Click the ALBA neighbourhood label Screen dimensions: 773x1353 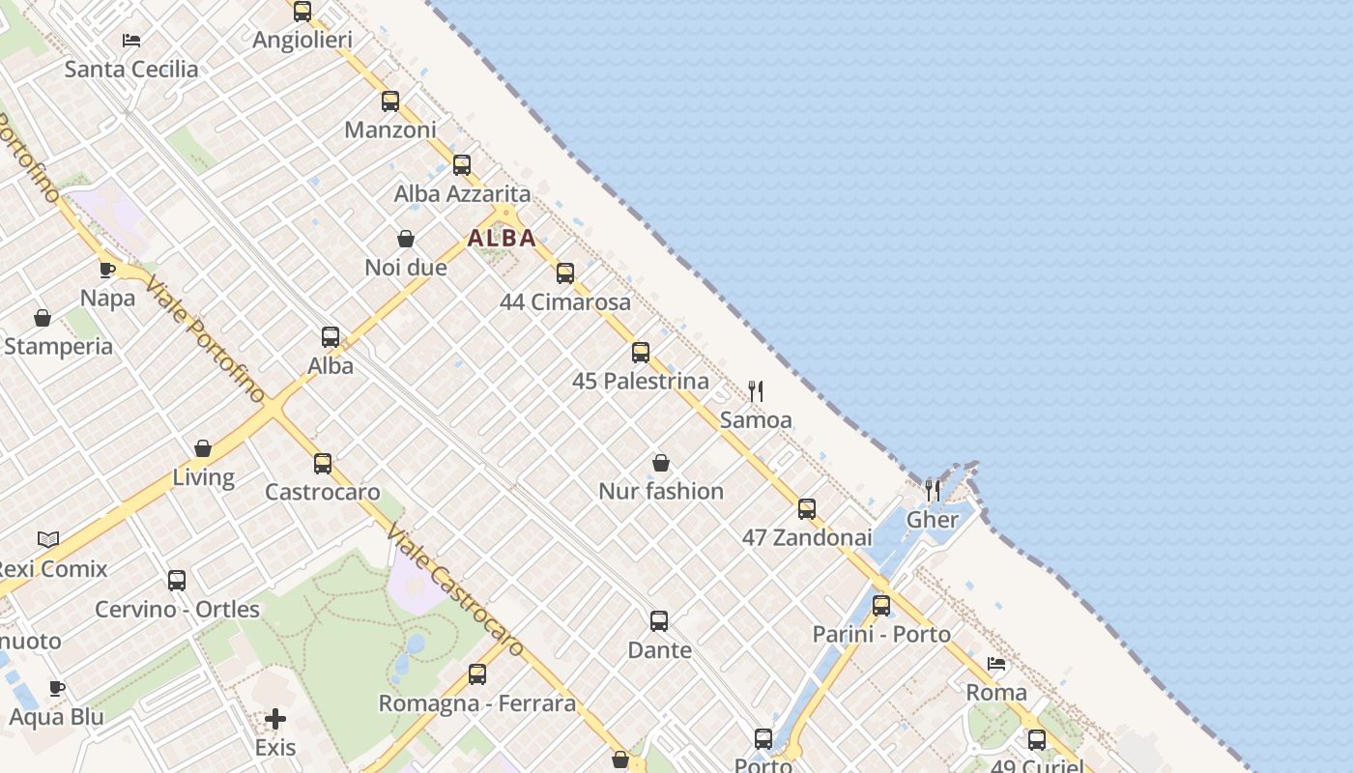pyautogui.click(x=502, y=238)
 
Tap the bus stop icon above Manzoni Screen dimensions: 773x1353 pyautogui.click(x=390, y=101)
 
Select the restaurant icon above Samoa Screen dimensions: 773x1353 pyautogui.click(x=756, y=391)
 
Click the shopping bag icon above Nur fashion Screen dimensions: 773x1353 pyautogui.click(x=661, y=463)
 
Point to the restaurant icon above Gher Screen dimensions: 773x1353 pyautogui.click(x=933, y=491)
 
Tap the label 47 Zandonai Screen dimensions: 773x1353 pyautogui.click(x=807, y=537)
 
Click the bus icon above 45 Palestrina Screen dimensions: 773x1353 pyautogui.click(x=641, y=353)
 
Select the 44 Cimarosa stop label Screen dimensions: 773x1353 pyautogui.click(x=565, y=302)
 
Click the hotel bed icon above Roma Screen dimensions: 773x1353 pyautogui.click(x=996, y=664)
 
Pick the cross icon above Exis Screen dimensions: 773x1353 pyautogui.click(x=275, y=719)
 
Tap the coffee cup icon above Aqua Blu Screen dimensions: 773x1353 pyautogui.click(x=57, y=688)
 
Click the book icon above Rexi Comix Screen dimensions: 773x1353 pyautogui.click(x=48, y=539)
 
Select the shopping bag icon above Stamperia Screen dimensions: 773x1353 pyautogui.click(x=43, y=318)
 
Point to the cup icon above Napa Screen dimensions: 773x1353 pyautogui.click(x=107, y=270)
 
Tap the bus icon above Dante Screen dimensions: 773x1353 pyautogui.click(x=659, y=621)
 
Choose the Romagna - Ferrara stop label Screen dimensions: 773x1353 pyautogui.click(x=476, y=703)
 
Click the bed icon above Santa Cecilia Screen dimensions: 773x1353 pyautogui.click(x=131, y=41)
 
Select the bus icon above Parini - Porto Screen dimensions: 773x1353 pyautogui.click(x=881, y=606)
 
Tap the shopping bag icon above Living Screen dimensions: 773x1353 pyautogui.click(x=203, y=448)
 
